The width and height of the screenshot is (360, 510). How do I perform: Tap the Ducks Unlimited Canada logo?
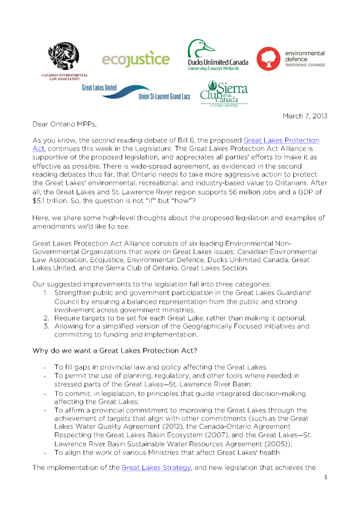coord(218,55)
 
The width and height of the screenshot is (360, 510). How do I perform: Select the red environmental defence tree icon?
coord(268,59)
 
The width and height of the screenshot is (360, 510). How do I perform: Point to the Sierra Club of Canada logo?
coord(224,93)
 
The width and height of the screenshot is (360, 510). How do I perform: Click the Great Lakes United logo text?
coord(100,88)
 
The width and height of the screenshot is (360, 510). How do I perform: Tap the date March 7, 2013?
coord(305,116)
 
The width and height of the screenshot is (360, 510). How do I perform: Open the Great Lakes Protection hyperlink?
coord(281,140)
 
